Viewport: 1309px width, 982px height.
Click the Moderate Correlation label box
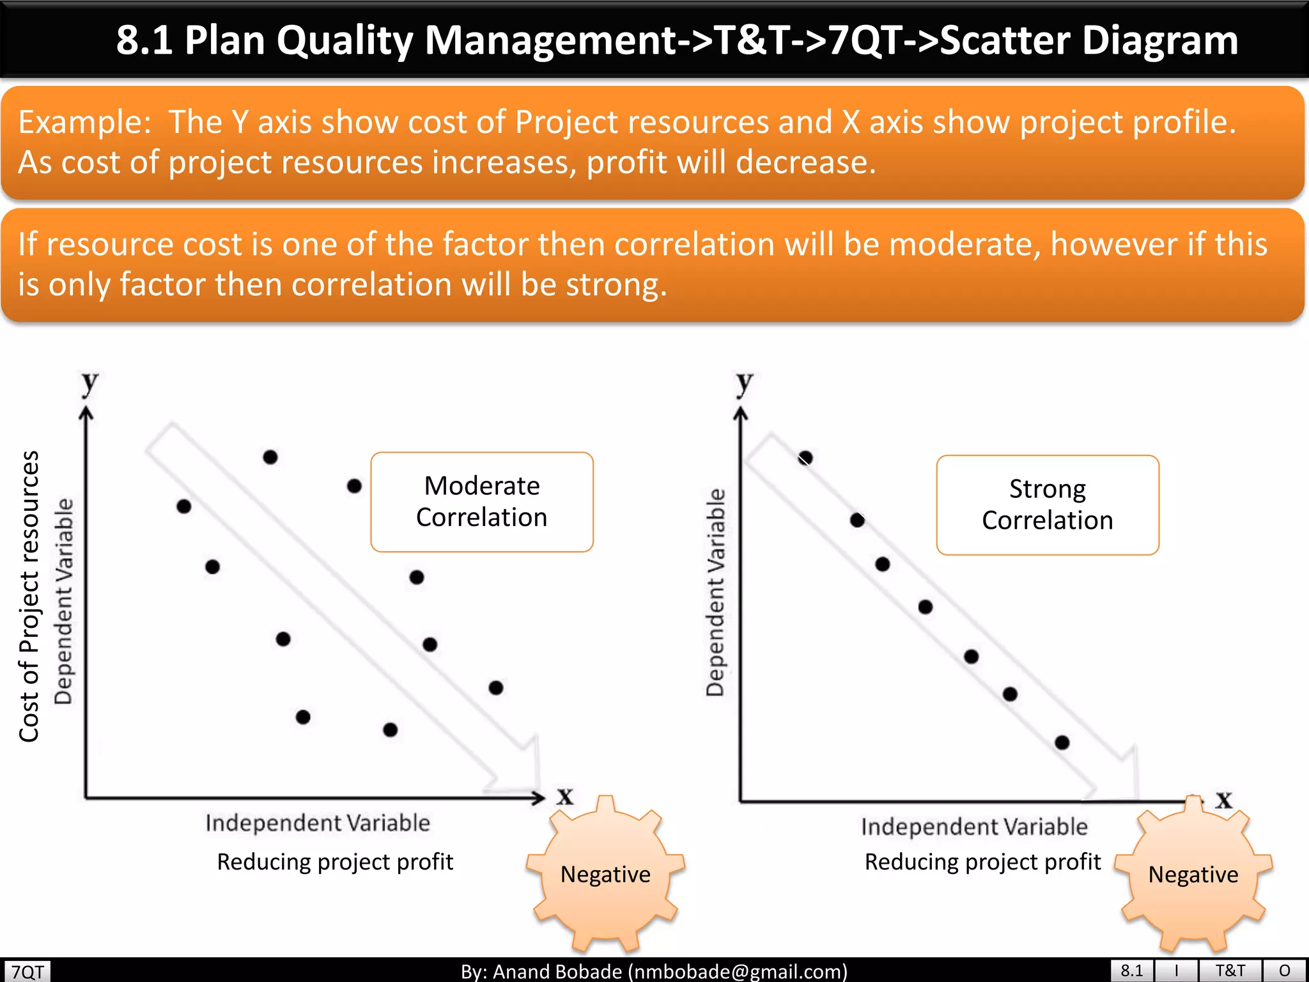(482, 502)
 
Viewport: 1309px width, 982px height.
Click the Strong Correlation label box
(1047, 505)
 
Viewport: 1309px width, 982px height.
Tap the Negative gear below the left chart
(605, 874)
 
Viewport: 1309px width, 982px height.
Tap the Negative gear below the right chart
(1193, 874)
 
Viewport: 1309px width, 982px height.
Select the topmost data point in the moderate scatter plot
(270, 457)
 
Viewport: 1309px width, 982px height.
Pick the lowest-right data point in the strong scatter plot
(1062, 742)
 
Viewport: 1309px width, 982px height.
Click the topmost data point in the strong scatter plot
(805, 458)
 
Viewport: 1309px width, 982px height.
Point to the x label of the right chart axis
(1223, 799)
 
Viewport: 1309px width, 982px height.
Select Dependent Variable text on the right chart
(716, 592)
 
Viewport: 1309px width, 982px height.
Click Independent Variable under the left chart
(318, 823)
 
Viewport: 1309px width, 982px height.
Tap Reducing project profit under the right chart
(982, 862)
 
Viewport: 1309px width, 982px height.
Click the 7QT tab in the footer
(27, 972)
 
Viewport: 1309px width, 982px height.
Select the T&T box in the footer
(1230, 970)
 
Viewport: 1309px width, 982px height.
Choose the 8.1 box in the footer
(1131, 970)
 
